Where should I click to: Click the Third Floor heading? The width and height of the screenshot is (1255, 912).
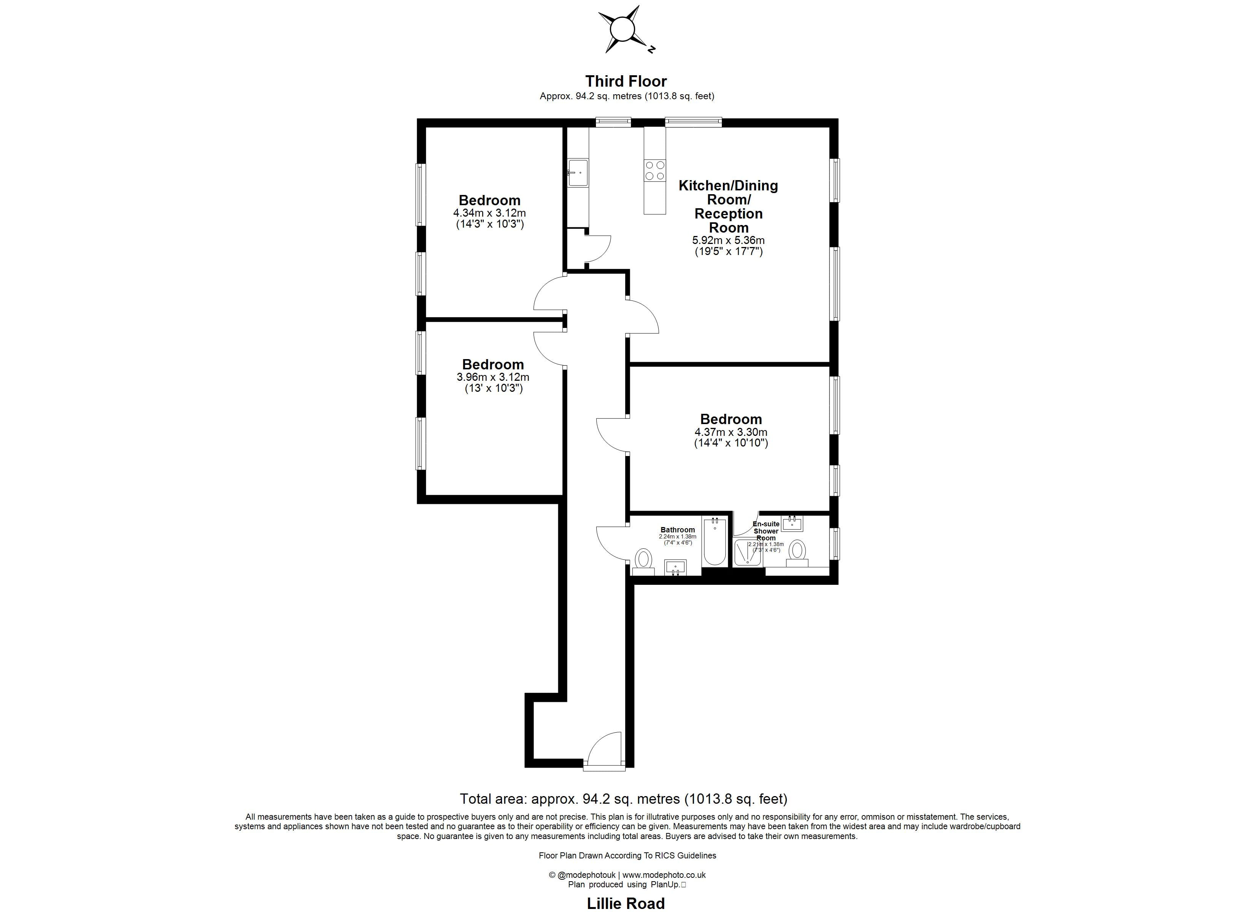(x=626, y=81)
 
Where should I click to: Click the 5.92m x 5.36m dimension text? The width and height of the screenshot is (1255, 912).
(x=728, y=241)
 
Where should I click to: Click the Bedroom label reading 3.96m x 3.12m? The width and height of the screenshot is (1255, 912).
(x=492, y=364)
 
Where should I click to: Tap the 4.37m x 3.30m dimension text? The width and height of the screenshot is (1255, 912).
(x=731, y=432)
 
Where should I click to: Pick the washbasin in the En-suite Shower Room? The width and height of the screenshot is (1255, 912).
(x=793, y=522)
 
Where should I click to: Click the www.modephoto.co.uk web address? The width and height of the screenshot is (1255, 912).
(x=664, y=875)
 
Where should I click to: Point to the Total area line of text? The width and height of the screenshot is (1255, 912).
(x=624, y=799)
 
